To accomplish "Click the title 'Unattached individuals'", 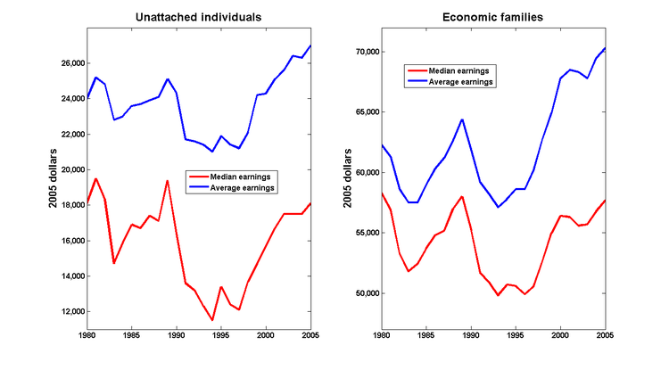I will point(199,17).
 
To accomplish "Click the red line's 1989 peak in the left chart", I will point(167,181).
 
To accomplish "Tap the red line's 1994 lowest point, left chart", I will point(212,320).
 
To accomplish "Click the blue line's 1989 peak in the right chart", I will point(462,119).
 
